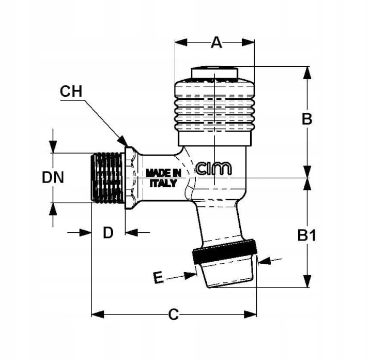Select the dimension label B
306,119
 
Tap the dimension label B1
306,236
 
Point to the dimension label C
174,314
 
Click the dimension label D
107,233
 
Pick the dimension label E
158,278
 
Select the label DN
53,177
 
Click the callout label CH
71,92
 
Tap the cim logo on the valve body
214,168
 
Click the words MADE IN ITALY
163,177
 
